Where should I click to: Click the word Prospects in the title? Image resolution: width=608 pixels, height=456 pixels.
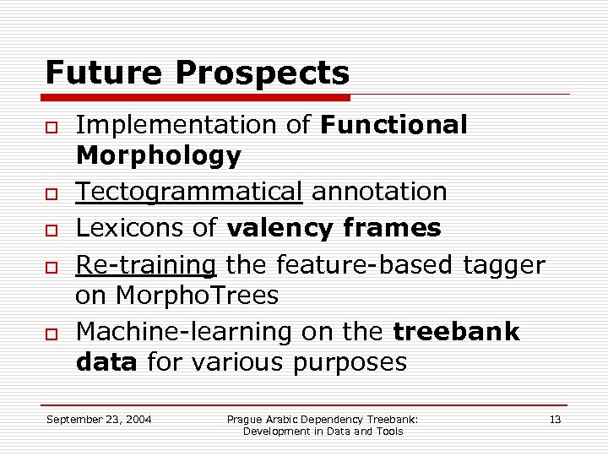click(x=262, y=73)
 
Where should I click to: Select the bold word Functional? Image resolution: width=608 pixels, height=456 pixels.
click(x=394, y=125)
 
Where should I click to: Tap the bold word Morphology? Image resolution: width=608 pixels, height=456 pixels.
click(x=158, y=155)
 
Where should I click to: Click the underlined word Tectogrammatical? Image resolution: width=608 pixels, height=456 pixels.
click(x=188, y=192)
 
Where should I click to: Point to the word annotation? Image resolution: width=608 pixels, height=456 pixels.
click(x=379, y=192)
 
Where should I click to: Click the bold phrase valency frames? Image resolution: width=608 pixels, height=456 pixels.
click(x=334, y=228)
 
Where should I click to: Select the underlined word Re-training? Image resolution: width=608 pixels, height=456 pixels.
click(x=146, y=265)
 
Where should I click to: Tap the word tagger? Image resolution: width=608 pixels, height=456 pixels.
click(x=504, y=265)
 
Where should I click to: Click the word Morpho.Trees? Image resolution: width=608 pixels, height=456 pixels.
click(x=195, y=296)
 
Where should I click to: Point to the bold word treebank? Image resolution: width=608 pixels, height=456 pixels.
click(x=456, y=332)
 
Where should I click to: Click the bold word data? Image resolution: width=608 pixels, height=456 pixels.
click(x=106, y=363)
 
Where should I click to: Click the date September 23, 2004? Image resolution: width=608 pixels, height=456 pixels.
click(x=99, y=419)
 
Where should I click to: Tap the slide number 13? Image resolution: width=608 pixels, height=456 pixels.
click(x=555, y=419)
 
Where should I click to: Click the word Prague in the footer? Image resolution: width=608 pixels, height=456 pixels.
click(x=245, y=419)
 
